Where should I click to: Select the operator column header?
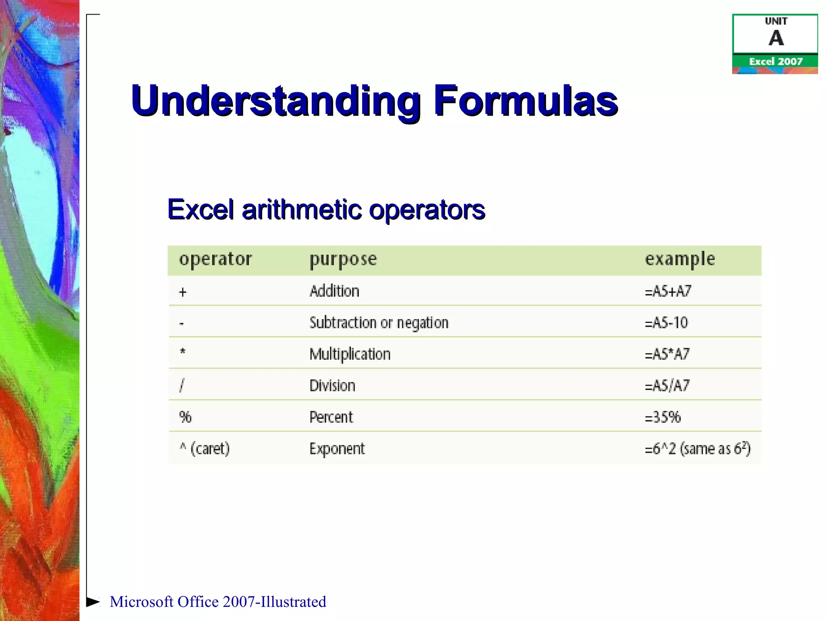tap(215, 259)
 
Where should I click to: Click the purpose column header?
tap(343, 260)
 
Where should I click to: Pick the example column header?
tap(680, 260)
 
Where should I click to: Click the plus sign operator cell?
tap(183, 292)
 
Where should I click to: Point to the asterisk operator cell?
tap(183, 352)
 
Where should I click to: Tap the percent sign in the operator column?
tap(185, 417)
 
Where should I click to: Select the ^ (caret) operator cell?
tap(204, 449)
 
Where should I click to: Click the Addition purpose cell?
tap(334, 291)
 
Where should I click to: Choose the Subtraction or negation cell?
tap(379, 323)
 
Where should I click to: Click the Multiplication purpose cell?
tap(350, 354)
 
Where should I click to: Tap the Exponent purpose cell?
tap(337, 449)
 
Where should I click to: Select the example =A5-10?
tap(666, 323)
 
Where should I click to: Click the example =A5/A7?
tap(667, 386)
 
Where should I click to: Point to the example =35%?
tap(663, 417)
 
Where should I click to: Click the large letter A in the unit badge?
tap(776, 39)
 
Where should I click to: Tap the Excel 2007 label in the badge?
tap(776, 61)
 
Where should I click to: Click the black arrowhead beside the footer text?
tap(93, 602)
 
